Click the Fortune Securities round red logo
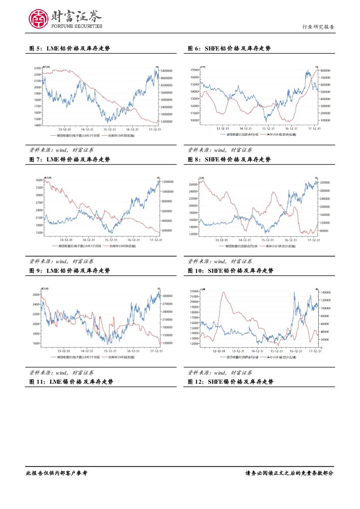[38, 19]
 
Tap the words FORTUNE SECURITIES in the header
[77, 26]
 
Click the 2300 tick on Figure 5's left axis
[37, 68]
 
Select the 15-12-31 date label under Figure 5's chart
[110, 129]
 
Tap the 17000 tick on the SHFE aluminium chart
[195, 70]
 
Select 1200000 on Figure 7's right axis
[168, 181]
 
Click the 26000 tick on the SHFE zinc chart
[194, 184]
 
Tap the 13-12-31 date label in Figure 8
[221, 240]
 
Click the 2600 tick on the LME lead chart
[35, 295]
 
